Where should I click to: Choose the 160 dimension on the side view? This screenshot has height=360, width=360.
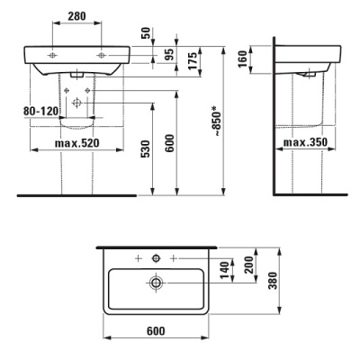[x=256, y=58]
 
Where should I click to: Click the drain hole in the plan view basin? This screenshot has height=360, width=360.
[x=157, y=283]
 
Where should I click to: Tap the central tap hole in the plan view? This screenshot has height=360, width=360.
[x=157, y=259]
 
